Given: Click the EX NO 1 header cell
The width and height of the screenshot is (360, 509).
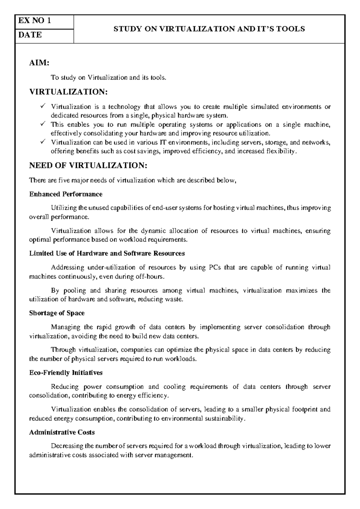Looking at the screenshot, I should point(44,21).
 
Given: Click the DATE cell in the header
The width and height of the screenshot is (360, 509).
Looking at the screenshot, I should point(44,36).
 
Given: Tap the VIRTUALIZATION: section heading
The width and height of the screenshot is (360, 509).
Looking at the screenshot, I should point(68,92).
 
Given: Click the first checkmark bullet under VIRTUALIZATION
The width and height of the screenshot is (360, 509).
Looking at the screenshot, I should point(42,106).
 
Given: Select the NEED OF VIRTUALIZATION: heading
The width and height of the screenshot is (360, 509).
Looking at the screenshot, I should point(88,165).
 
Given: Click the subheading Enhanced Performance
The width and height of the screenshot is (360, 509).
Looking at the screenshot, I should point(66,194).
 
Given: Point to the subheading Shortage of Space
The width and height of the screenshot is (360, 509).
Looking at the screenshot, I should point(57,313).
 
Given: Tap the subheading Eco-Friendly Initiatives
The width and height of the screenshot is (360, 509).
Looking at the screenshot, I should point(66,373).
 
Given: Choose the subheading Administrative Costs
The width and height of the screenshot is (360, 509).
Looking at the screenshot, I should point(62,432).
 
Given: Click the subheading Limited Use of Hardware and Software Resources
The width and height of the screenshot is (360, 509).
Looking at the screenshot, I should point(107,253).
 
